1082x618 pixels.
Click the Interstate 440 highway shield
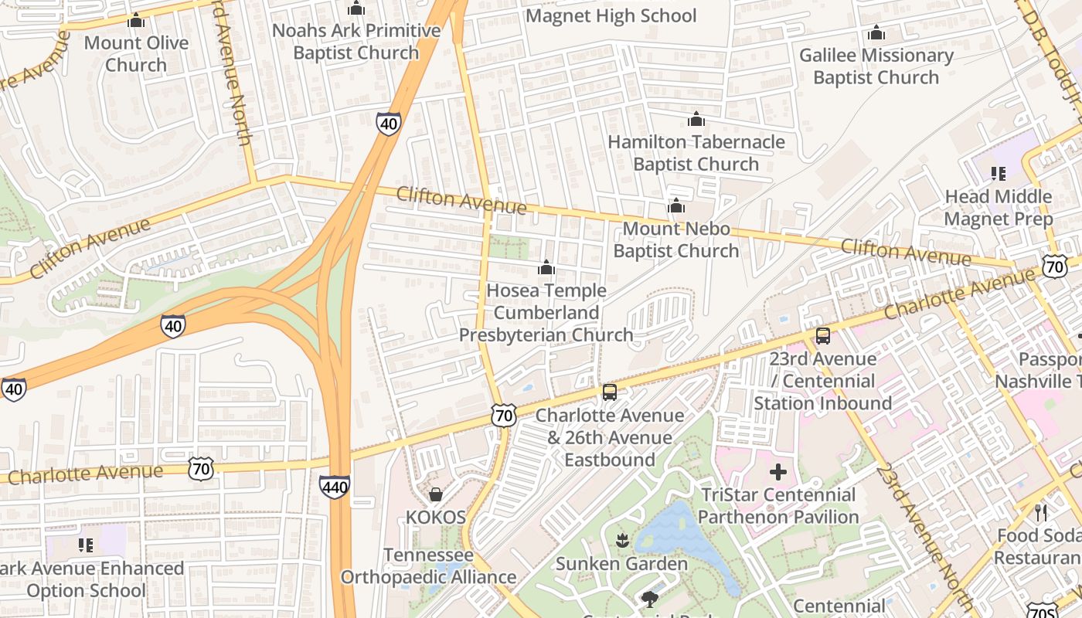point(334,486)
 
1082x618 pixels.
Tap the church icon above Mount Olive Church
point(136,20)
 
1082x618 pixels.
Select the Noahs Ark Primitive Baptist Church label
point(356,42)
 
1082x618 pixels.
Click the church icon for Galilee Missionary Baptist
point(876,32)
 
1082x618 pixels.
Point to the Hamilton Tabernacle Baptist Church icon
point(696,119)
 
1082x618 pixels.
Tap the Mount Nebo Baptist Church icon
point(676,206)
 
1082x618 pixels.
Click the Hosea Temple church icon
point(546,268)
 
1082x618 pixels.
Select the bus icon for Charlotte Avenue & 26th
point(610,392)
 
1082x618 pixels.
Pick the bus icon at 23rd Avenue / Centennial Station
point(823,336)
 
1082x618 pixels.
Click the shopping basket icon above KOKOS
point(436,494)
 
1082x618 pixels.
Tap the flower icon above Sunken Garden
point(621,540)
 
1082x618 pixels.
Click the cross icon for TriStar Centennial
point(778,472)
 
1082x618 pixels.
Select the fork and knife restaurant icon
point(1041,512)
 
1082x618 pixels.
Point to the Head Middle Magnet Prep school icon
point(998,174)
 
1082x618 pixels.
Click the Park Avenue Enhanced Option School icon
point(86,545)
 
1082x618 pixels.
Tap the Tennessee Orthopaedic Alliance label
point(428,566)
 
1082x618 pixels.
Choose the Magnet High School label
point(611,15)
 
